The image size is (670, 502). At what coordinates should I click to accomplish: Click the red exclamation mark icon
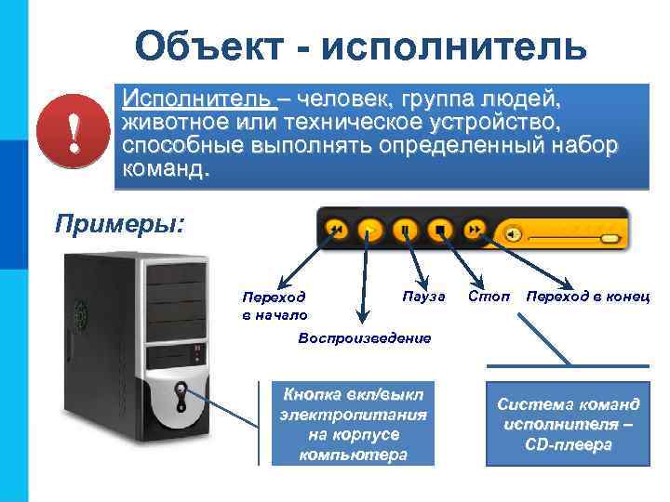(x=74, y=129)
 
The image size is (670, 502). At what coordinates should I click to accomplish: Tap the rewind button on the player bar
(x=338, y=229)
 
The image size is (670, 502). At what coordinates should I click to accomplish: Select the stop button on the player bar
(x=441, y=229)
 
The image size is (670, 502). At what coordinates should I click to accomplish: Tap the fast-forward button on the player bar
(x=476, y=229)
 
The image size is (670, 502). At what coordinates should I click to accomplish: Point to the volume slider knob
(x=610, y=239)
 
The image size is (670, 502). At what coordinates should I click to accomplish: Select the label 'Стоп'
(x=489, y=297)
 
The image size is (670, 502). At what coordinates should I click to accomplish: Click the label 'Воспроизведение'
(x=365, y=337)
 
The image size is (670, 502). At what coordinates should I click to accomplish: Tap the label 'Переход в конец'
(x=587, y=297)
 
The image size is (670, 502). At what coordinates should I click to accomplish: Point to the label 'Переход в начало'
(x=274, y=306)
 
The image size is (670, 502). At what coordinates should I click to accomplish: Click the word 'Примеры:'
(x=120, y=224)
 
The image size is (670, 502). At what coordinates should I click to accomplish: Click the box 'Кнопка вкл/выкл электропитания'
(x=354, y=424)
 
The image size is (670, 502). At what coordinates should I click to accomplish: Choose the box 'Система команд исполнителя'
(x=568, y=424)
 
